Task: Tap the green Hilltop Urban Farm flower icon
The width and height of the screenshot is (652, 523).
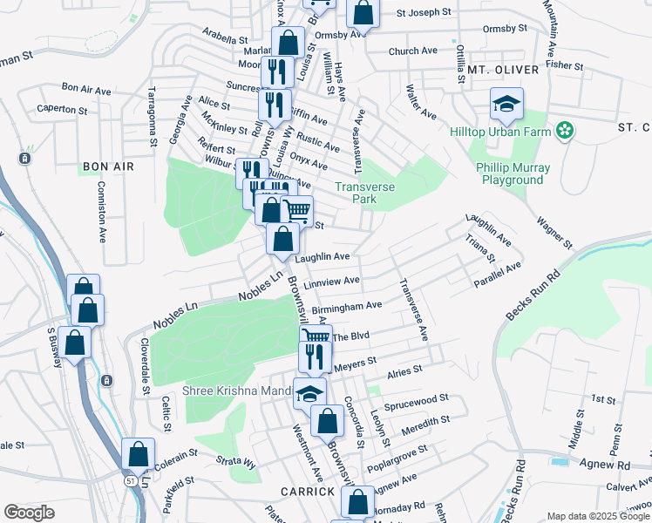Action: click(x=565, y=132)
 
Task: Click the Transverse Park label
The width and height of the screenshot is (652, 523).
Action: click(x=365, y=193)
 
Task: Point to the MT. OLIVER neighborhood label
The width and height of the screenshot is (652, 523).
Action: click(x=499, y=69)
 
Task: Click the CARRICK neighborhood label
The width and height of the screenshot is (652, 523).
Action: click(x=308, y=492)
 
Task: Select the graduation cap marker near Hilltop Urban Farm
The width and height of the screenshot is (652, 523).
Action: click(x=506, y=105)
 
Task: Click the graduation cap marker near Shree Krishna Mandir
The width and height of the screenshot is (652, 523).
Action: click(x=309, y=394)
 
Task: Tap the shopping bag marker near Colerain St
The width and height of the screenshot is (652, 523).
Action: click(x=139, y=454)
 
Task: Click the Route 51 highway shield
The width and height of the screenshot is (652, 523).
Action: click(x=129, y=479)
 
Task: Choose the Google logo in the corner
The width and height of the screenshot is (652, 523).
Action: click(x=29, y=513)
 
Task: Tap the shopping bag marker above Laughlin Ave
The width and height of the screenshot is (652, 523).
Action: click(x=283, y=238)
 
